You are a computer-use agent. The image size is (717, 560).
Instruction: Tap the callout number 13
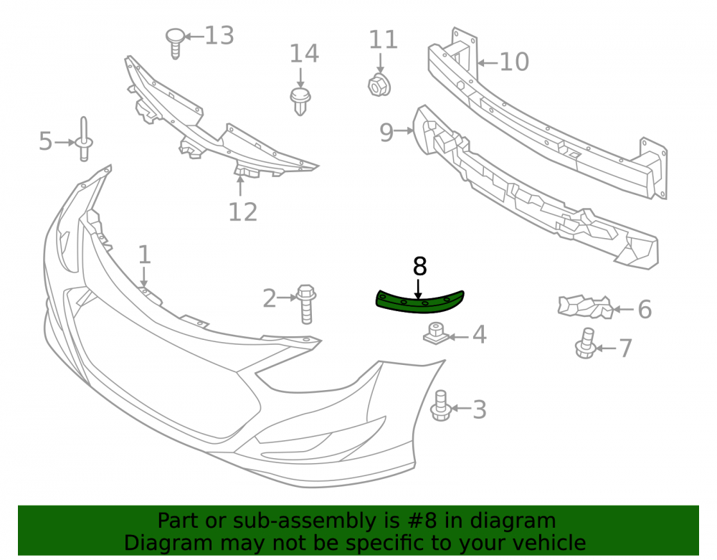point(219,36)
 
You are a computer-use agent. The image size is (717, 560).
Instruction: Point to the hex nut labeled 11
point(379,84)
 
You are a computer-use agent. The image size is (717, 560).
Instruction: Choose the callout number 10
point(514,62)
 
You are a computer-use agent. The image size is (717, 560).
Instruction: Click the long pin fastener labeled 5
point(84,139)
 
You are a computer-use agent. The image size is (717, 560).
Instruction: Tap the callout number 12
point(243,212)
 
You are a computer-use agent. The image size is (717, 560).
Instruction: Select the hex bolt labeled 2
point(306,304)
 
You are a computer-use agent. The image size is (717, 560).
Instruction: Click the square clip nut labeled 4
point(435,333)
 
